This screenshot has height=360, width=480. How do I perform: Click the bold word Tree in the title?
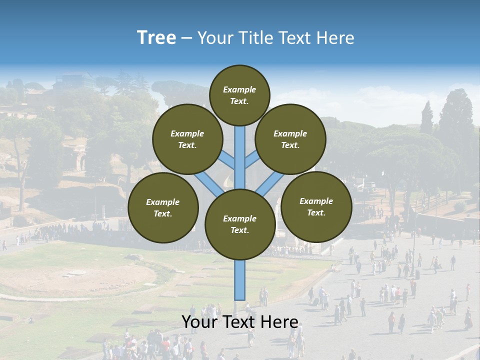pos(156,37)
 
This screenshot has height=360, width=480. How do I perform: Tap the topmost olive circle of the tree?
pos(239,95)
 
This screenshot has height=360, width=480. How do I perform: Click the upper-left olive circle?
pos(187,139)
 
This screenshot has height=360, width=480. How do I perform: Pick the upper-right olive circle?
pos(290,139)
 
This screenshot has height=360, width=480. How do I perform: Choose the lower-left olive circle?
pos(163,207)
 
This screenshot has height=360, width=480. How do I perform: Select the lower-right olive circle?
pos(316,206)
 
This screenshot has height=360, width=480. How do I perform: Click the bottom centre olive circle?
pos(240,224)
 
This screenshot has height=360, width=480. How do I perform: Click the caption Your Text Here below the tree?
pos(240,322)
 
